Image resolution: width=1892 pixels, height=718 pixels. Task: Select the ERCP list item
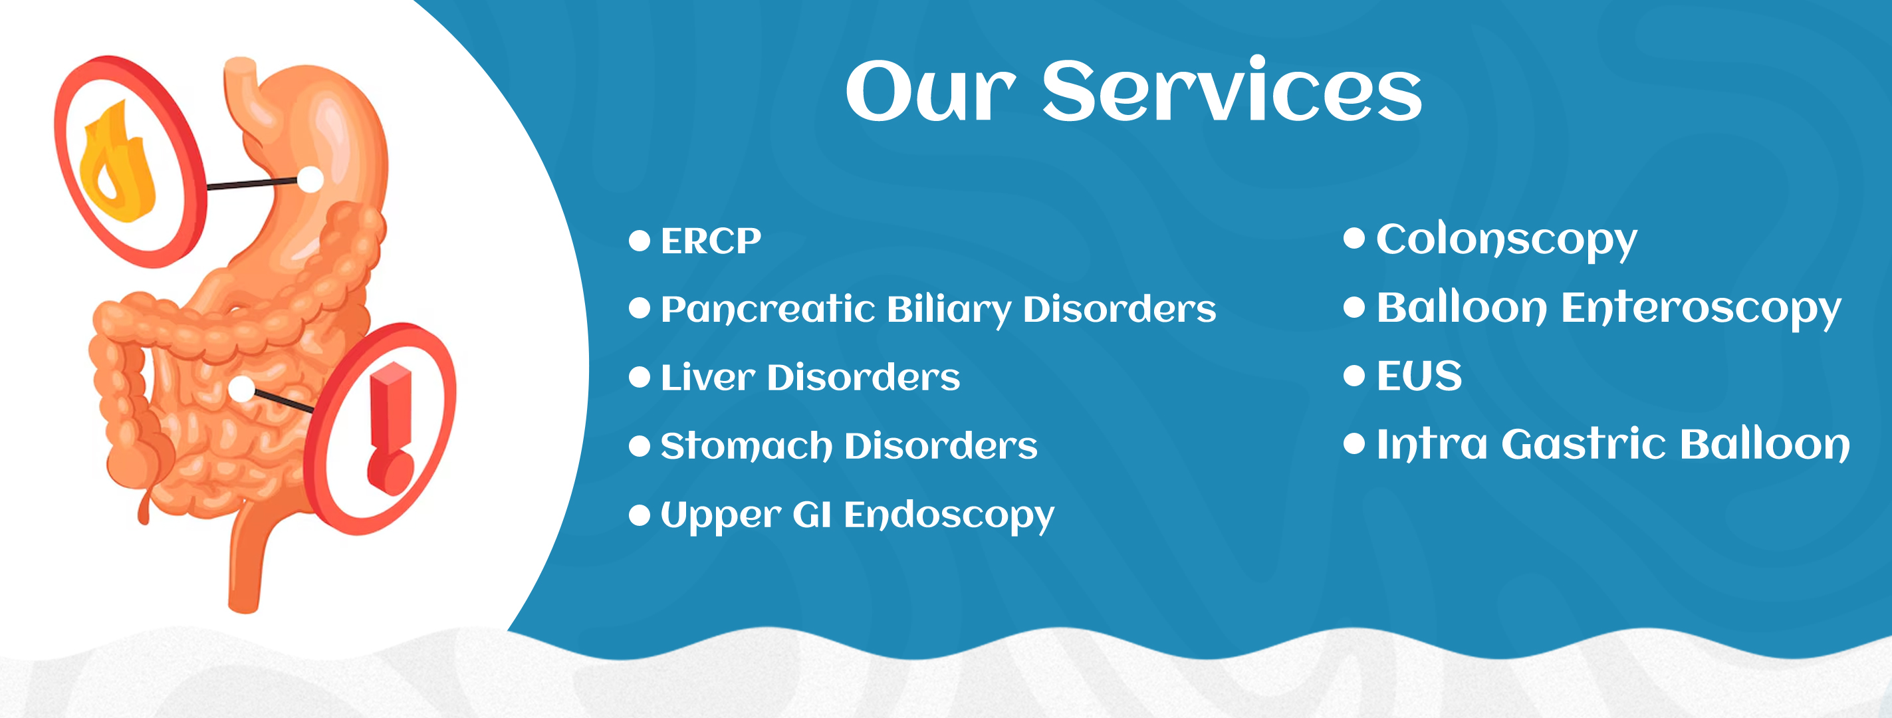pos(710,241)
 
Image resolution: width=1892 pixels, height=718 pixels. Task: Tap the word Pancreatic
pos(768,310)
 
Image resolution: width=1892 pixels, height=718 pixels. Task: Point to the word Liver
pos(707,378)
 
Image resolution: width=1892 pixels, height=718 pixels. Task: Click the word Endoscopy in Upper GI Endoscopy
pos(948,515)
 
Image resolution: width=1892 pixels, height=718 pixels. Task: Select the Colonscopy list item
pos(1506,240)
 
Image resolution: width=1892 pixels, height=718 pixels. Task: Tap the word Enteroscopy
pos(1701,308)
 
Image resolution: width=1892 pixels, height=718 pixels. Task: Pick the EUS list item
pos(1419,376)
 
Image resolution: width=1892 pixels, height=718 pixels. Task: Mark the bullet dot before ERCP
pos(640,241)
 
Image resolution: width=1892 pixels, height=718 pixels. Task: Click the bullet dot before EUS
pos(1354,376)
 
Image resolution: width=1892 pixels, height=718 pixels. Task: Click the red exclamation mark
pos(391,427)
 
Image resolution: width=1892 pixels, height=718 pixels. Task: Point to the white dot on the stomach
pos(310,179)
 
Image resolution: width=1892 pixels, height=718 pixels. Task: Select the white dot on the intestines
pos(241,389)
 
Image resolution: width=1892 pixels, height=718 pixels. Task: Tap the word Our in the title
pos(931,92)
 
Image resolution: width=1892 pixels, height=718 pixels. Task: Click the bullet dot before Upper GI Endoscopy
pos(640,515)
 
